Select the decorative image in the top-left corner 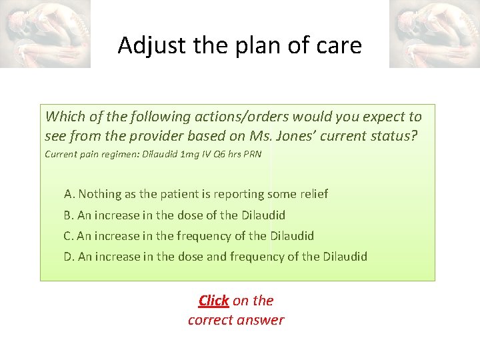45,33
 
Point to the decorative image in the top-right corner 434,33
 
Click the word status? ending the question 397,136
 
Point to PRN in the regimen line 253,155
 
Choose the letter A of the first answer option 69,194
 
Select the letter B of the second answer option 67,215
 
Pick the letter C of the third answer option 67,236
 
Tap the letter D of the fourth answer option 68,257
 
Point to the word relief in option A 313,194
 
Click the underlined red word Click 213,301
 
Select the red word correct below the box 212,320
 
